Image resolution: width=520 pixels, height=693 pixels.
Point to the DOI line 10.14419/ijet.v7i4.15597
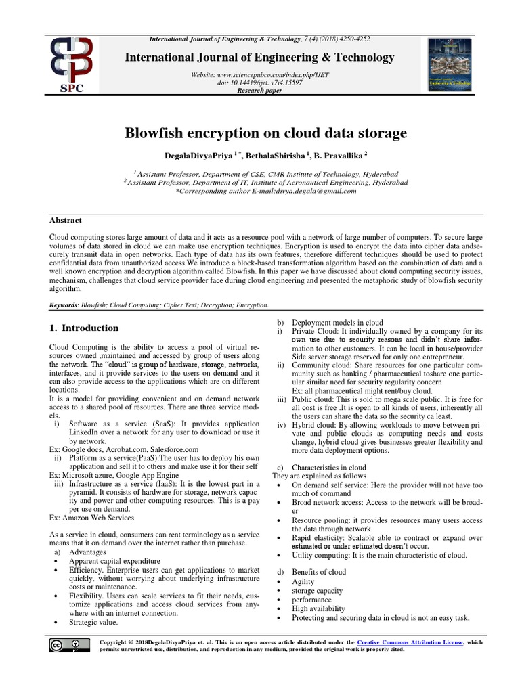pyautogui.click(x=260, y=83)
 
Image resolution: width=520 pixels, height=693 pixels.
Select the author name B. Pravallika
pyautogui.click(x=341, y=156)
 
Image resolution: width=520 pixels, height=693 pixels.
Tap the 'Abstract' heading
pyautogui.click(x=65, y=220)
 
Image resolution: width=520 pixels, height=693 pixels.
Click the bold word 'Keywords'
pyautogui.click(x=63, y=305)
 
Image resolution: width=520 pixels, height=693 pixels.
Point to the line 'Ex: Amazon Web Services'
pyautogui.click(x=91, y=518)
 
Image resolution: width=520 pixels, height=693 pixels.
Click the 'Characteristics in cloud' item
pyautogui.click(x=328, y=468)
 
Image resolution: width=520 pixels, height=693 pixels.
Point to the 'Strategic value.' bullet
pyautogui.click(x=93, y=621)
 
